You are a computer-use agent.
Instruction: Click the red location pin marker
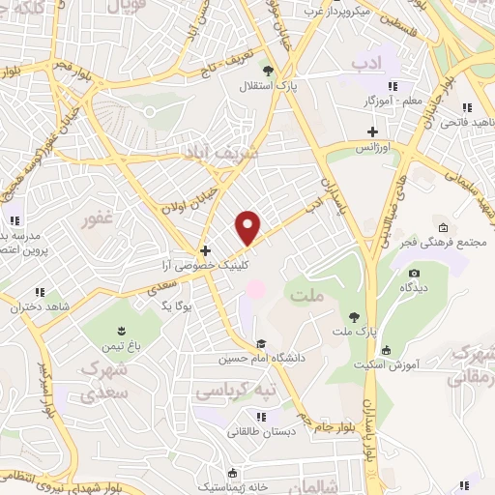(x=249, y=227)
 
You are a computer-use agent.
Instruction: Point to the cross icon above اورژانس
(x=372, y=131)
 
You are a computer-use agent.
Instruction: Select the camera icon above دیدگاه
(x=414, y=274)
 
